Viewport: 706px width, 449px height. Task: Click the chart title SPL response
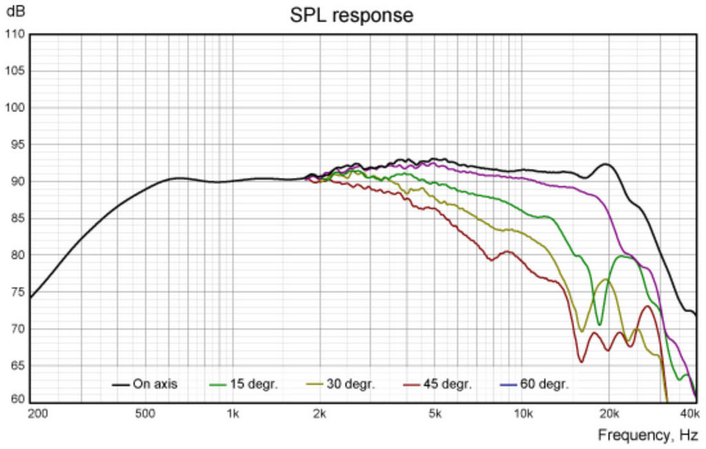point(352,15)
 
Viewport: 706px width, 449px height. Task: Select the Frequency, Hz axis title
point(647,435)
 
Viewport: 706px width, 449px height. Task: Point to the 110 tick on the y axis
point(15,34)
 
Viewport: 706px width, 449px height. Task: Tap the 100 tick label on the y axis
point(15,108)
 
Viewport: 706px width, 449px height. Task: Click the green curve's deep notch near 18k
point(599,324)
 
